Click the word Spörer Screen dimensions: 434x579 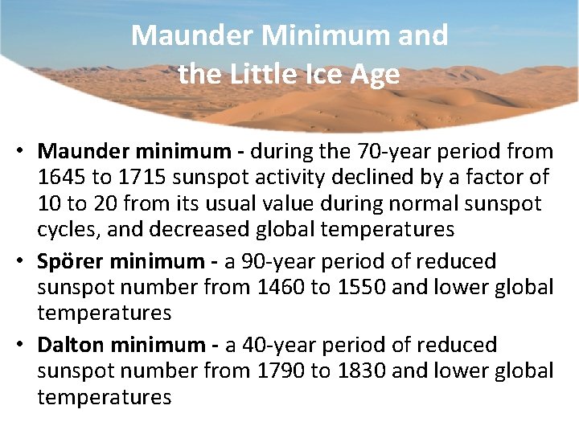(x=70, y=262)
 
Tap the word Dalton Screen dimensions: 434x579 (x=71, y=346)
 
